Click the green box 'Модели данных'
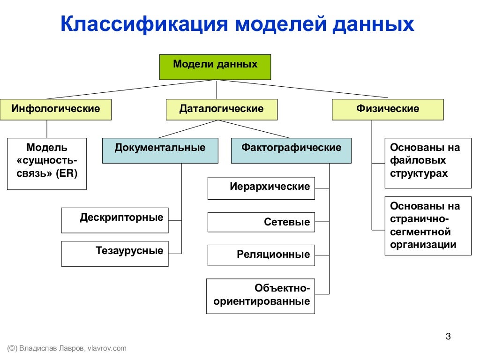click(215, 67)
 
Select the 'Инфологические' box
click(56, 109)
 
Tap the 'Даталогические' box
click(221, 109)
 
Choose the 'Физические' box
click(387, 109)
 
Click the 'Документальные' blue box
click(160, 150)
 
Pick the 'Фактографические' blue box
click(291, 150)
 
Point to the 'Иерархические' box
click(261, 188)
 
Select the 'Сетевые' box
click(261, 222)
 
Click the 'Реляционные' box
click(261, 255)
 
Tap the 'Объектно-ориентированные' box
click(261, 296)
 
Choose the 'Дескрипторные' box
click(115, 220)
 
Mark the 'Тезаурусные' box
click(115, 253)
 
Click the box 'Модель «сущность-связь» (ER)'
click(47, 163)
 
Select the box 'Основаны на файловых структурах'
click(427, 163)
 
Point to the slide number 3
click(448, 336)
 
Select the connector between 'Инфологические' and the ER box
click(47, 129)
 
